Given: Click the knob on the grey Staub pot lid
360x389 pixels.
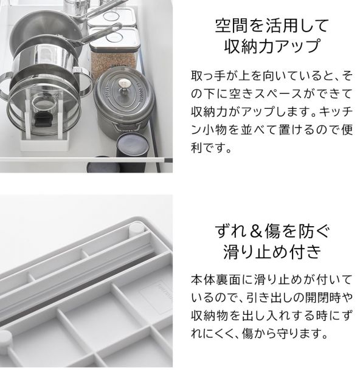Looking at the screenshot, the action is pyautogui.click(x=125, y=84).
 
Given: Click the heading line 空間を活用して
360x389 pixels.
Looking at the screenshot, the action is pyautogui.click(x=272, y=26).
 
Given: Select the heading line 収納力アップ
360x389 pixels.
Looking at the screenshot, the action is pyautogui.click(x=272, y=46).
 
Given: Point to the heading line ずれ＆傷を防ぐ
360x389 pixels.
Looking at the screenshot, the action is pyautogui.click(x=272, y=231).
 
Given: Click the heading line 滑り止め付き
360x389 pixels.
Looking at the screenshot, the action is pyautogui.click(x=272, y=251).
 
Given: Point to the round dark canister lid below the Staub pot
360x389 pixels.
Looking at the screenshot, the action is pyautogui.click(x=133, y=145).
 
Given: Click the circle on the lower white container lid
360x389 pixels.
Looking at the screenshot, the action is pyautogui.click(x=116, y=38).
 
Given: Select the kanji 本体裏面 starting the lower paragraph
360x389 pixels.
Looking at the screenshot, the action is pyautogui.click(x=215, y=280).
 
